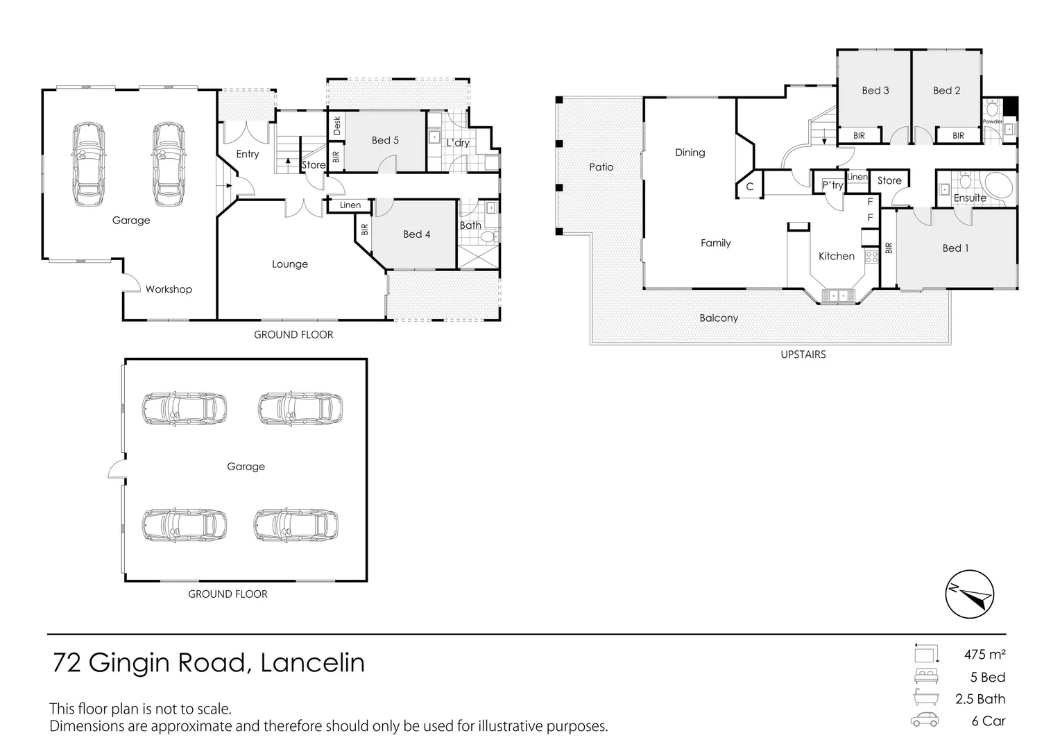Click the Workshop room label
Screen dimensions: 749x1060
pos(169,289)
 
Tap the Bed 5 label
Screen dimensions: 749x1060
pos(385,140)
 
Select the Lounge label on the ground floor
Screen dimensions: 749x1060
pos(290,264)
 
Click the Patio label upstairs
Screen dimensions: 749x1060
pos(601,167)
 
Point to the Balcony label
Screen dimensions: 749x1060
pos(719,318)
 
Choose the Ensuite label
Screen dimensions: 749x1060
pos(970,198)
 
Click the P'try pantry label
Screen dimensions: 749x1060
pos(832,185)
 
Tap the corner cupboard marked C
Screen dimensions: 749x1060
pos(750,187)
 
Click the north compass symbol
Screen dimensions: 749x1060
pos(970,594)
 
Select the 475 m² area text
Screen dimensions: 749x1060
pos(984,654)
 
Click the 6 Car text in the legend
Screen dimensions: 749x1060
pos(989,721)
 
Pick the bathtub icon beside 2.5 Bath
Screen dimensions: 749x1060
pos(925,698)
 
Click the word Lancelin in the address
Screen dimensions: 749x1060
pos(312,663)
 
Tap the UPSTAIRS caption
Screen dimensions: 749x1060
pos(803,354)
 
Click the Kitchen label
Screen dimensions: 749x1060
pos(837,257)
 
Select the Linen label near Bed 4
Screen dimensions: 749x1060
pos(350,205)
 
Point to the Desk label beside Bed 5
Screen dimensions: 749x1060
pos(337,126)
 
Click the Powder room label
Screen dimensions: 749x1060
pos(993,121)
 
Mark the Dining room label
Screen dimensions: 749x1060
pos(690,153)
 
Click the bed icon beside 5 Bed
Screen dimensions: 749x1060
pos(925,676)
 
